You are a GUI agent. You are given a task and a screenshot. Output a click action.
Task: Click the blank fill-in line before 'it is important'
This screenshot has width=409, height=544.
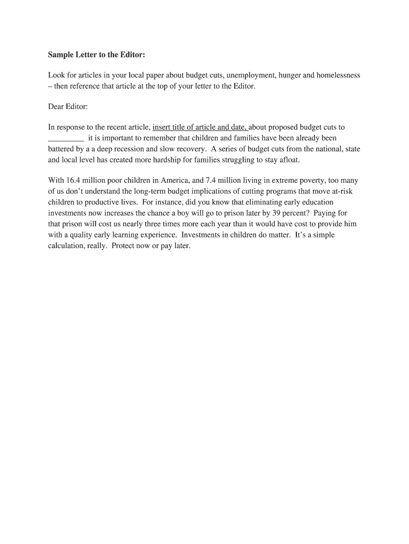coord(66,138)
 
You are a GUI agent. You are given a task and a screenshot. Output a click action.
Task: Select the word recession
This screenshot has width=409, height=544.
coord(128,149)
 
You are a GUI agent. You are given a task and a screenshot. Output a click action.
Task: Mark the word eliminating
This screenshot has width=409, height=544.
coord(271,202)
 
